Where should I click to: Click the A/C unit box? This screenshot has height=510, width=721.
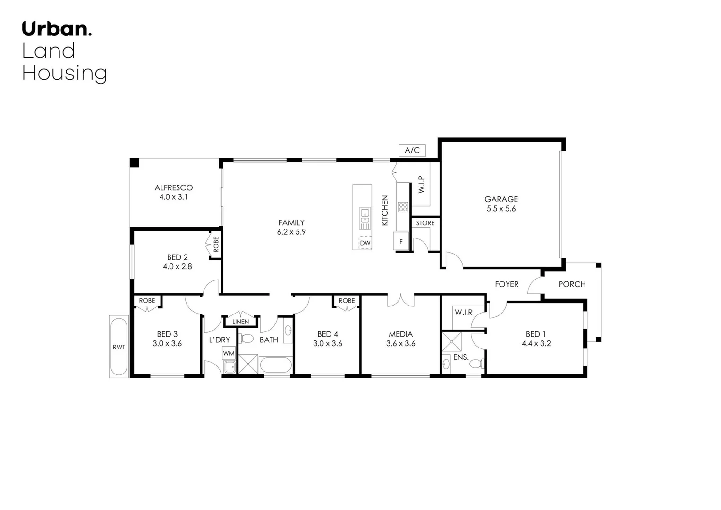point(412,150)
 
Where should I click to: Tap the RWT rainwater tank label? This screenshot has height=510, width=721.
point(119,347)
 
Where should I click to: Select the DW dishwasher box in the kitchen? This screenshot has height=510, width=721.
point(365,243)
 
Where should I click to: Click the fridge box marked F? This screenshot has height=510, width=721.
point(401,241)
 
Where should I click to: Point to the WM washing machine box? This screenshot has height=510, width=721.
point(229,353)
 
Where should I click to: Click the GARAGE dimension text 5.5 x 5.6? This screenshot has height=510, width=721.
point(501,209)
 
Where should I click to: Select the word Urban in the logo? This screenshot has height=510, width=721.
point(55,29)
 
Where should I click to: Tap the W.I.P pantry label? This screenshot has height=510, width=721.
point(422,185)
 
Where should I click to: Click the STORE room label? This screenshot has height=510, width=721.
point(425,223)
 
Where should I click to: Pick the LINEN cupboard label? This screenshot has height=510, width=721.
point(241,322)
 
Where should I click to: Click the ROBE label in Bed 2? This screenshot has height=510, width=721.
point(216,244)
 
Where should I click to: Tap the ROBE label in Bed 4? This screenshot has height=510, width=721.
point(347,300)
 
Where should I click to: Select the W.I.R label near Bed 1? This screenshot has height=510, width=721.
point(463,312)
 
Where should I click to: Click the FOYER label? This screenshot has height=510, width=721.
point(507,284)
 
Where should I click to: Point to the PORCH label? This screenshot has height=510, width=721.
point(572,284)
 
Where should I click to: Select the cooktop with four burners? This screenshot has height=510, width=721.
point(403,207)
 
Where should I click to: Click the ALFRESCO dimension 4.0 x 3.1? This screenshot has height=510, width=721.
point(173,197)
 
